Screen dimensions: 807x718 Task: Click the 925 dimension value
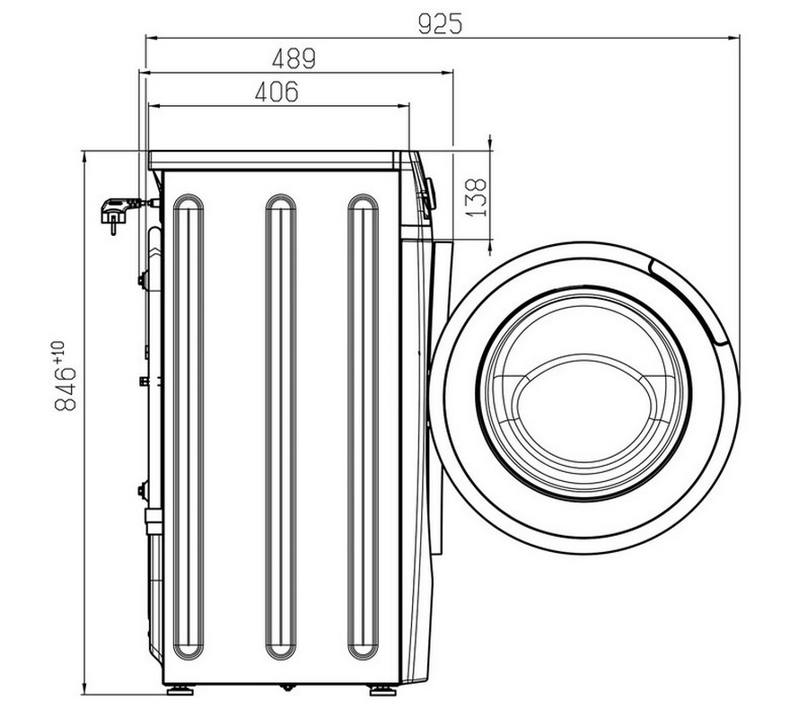coord(440,23)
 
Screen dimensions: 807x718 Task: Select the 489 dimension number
coord(294,58)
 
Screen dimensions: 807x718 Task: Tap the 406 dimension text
coord(276,92)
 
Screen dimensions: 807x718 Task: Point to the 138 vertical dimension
coord(476,197)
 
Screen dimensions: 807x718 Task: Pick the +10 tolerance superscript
coord(57,352)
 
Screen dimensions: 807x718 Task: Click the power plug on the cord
coord(115,214)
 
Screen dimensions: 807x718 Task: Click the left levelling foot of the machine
coord(180,689)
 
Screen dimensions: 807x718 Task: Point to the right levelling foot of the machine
coord(383,689)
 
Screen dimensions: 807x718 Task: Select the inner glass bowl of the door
coord(583,394)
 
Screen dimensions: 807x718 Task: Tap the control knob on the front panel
coord(429,195)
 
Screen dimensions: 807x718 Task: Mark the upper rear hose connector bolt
coord(142,280)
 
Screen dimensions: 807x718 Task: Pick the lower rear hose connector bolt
coord(142,490)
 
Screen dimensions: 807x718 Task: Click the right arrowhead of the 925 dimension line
coord(734,38)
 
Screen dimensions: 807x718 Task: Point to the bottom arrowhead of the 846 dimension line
coord(83,689)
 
